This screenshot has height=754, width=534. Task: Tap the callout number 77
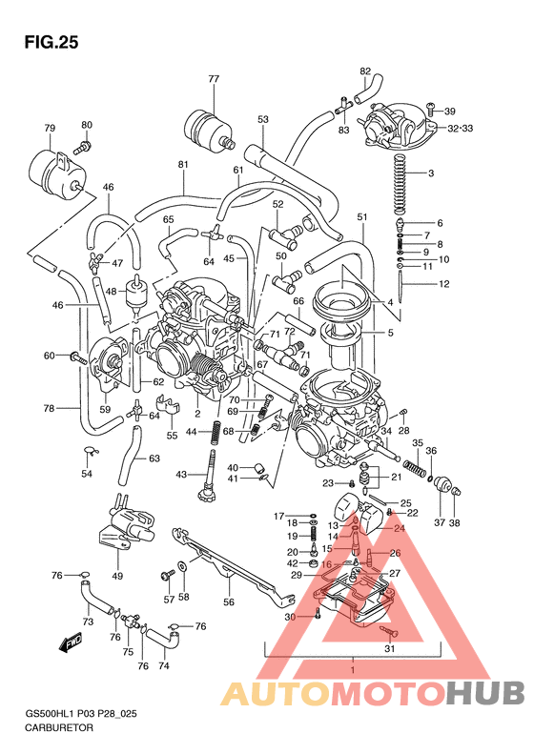(213, 79)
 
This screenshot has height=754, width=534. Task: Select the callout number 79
(50, 128)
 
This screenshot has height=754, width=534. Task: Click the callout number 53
(263, 119)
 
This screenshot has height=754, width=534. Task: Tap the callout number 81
(182, 164)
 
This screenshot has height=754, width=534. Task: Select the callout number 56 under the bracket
(228, 601)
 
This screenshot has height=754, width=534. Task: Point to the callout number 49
(117, 576)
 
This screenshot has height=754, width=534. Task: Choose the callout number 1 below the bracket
(352, 670)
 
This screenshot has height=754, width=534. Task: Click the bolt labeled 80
(83, 146)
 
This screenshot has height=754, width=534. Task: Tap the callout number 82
(365, 71)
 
